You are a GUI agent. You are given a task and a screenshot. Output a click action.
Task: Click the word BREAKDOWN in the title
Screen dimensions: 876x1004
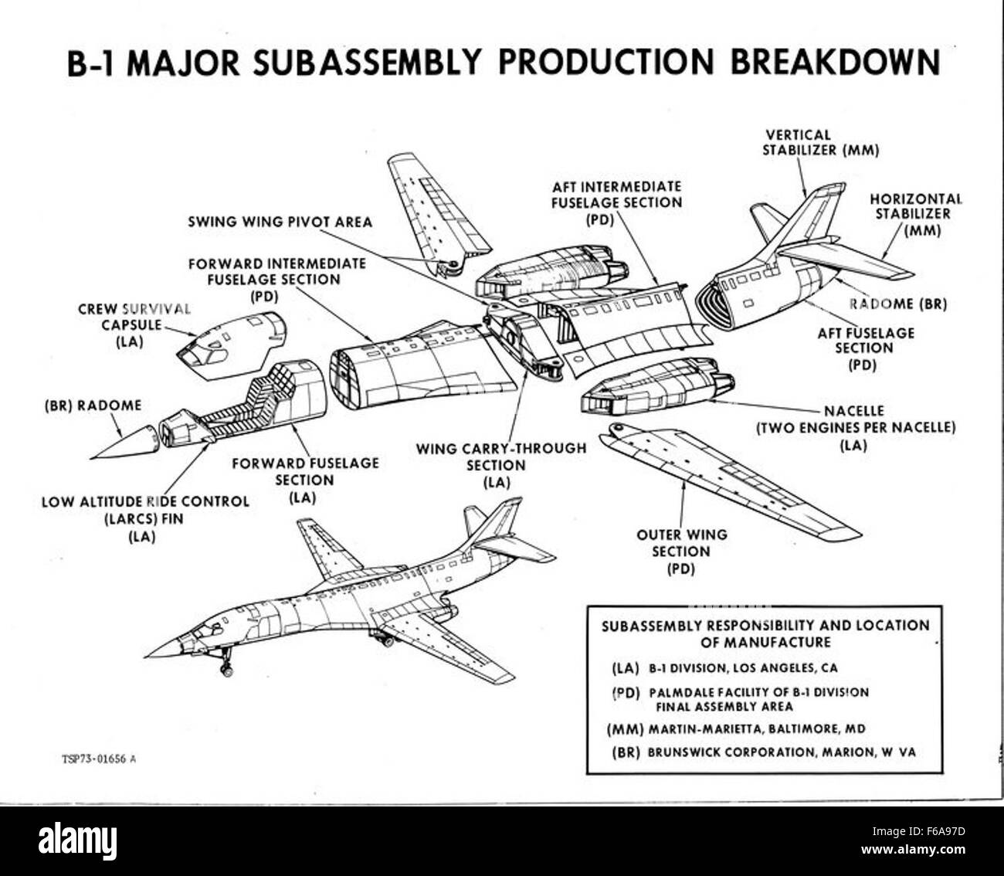(x=834, y=62)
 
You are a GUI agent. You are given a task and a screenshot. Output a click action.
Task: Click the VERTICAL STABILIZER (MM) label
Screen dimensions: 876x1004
(x=820, y=143)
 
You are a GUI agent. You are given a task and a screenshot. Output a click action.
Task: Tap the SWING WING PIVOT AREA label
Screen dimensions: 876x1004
(x=280, y=222)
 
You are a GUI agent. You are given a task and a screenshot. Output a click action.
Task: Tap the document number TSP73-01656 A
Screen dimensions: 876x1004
(x=99, y=759)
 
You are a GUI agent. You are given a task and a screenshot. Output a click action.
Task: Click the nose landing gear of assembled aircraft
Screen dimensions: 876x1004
(x=227, y=665)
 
